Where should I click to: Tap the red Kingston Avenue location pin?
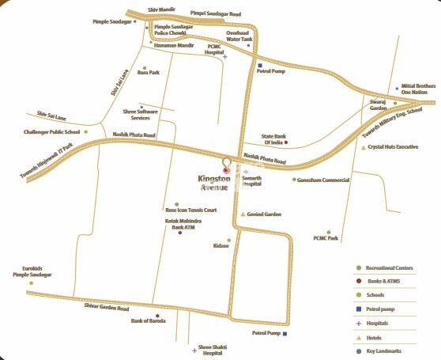[228, 165]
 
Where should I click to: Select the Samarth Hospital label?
[251, 181]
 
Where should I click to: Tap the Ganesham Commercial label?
[323, 180]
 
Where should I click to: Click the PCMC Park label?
[326, 237]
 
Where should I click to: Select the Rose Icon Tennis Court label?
[190, 210]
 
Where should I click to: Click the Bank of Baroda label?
[153, 320]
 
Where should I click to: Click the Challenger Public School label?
[53, 131]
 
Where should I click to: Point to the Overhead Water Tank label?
[239, 36]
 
